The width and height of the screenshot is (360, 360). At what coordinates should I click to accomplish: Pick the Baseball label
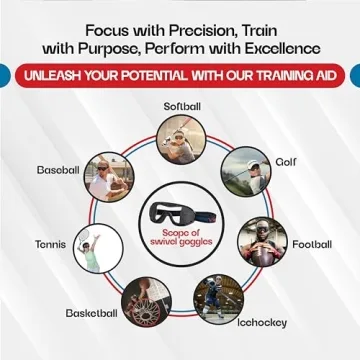[58, 169]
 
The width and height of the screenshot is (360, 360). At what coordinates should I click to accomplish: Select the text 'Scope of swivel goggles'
[181, 236]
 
